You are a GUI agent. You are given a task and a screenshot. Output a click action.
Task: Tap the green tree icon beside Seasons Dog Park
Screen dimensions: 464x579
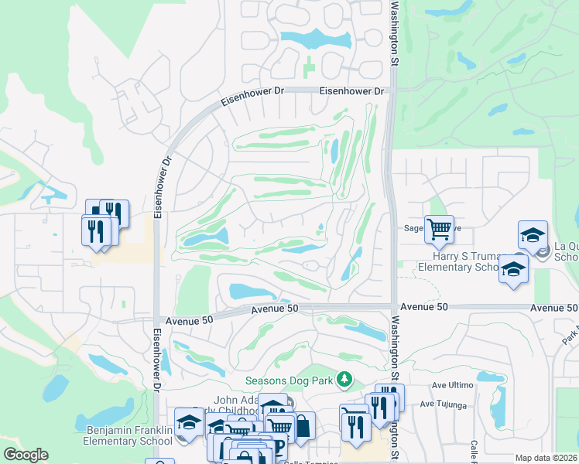[348, 380]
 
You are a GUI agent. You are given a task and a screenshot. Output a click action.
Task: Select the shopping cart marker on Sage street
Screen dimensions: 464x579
[439, 227]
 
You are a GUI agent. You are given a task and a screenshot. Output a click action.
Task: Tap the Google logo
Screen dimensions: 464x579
[26, 455]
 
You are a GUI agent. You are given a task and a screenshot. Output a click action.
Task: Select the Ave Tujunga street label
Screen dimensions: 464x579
[444, 404]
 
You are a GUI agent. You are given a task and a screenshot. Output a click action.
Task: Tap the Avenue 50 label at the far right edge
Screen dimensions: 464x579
[553, 308]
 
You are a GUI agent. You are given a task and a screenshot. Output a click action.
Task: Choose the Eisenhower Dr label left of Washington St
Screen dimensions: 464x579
[351, 91]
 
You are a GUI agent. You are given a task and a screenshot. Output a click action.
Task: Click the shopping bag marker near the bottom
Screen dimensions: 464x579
[302, 425]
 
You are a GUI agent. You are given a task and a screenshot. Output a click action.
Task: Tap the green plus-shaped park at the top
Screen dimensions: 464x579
[309, 67]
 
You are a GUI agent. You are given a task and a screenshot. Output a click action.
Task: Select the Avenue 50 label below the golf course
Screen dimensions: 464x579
[274, 309]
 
